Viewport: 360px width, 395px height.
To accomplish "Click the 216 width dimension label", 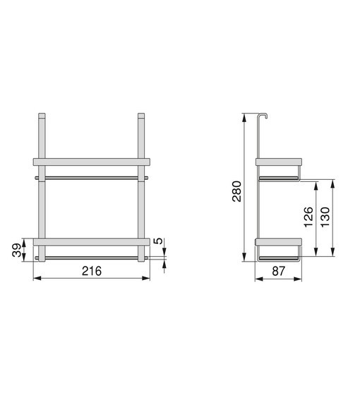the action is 92,271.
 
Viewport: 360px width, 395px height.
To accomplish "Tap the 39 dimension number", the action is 17,250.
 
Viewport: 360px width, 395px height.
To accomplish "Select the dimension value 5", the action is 158,241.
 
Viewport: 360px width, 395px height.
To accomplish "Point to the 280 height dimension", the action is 236,191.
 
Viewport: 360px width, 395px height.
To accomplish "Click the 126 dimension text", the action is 308,217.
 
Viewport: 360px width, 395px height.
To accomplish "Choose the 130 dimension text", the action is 325,217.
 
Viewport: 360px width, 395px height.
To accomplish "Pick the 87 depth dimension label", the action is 279,272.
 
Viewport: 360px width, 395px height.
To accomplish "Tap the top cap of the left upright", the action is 42,116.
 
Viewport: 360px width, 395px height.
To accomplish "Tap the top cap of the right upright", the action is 141,116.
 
